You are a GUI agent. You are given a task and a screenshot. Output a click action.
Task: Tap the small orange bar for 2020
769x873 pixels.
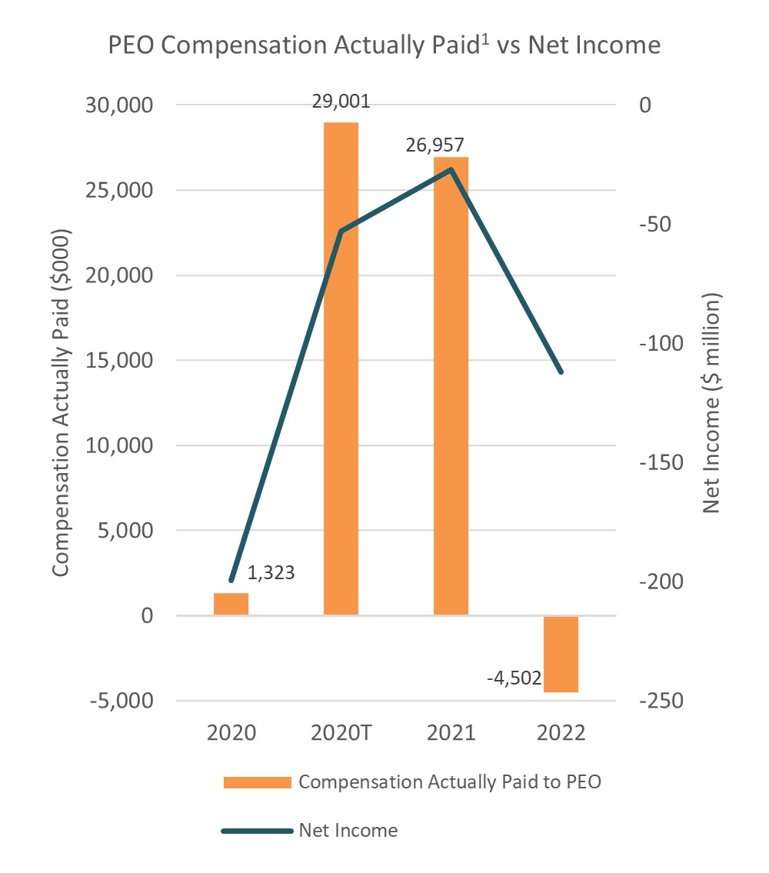[x=231, y=604]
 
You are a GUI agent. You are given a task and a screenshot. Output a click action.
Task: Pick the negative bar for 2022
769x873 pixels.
[x=561, y=654]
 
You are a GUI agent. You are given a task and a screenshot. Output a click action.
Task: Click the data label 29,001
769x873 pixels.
[x=341, y=101]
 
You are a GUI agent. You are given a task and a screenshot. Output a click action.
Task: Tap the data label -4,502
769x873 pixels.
[x=514, y=679]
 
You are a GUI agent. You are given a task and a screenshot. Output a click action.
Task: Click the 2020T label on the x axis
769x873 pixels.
[x=341, y=732]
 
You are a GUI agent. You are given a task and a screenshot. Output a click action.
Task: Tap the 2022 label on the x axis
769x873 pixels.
[x=560, y=732]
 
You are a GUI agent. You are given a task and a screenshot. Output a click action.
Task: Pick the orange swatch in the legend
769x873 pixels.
[x=257, y=783]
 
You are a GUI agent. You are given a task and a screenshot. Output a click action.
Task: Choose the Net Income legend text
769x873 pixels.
[x=348, y=831]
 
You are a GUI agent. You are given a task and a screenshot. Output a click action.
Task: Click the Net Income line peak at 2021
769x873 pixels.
[x=451, y=168]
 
